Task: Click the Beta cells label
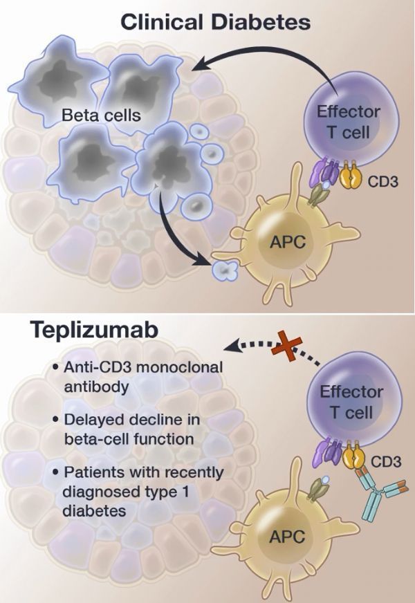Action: [101, 115]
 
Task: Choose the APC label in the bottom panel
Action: [285, 538]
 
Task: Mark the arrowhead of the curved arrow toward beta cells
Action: [200, 66]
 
